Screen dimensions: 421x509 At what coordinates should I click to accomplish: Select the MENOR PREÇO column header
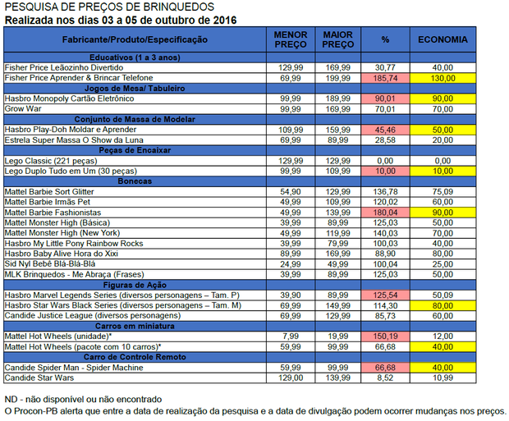[291, 39]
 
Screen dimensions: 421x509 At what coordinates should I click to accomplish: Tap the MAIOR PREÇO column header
[338, 39]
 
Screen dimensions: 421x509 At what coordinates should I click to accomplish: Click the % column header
[386, 39]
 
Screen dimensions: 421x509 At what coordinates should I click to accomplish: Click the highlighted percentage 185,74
[386, 77]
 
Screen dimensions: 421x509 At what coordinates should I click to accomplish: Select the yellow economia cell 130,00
[443, 77]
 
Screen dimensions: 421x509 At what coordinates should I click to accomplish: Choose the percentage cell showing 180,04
[386, 212]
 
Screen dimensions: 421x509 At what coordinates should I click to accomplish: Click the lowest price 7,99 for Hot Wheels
[291, 336]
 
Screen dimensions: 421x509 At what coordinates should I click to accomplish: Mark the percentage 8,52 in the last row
[386, 378]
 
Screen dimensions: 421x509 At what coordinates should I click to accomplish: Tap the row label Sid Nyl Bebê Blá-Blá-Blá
[49, 263]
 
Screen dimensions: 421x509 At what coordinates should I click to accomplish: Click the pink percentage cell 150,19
[386, 336]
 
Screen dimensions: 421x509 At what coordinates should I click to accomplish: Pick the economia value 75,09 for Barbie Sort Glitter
[443, 191]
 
